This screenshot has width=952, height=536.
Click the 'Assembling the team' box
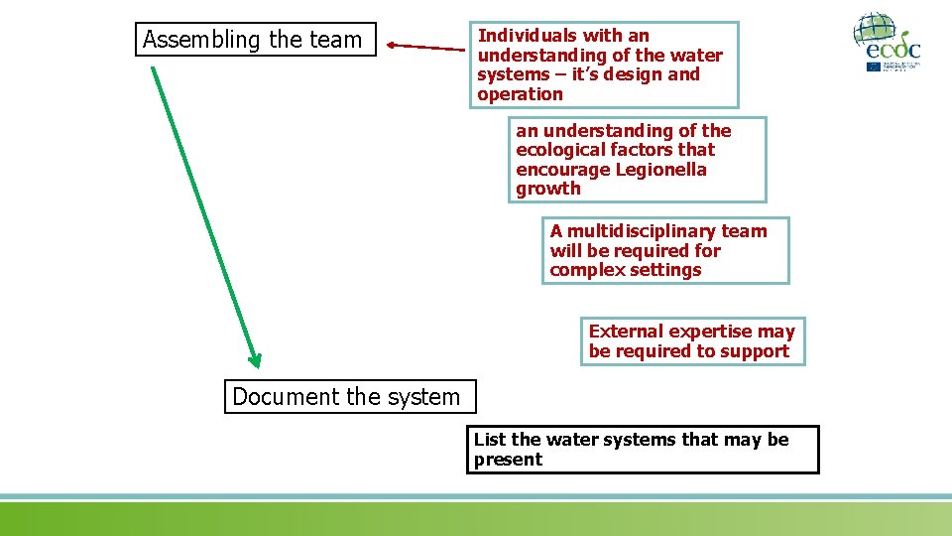[x=256, y=40]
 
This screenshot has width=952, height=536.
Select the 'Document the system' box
[x=349, y=397]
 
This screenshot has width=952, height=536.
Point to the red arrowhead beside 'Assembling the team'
[x=393, y=45]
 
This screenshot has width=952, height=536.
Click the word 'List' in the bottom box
[x=490, y=440]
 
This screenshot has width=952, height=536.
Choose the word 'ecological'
[x=560, y=150]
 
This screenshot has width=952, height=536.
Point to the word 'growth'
[x=548, y=189]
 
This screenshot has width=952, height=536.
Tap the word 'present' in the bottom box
[x=508, y=460]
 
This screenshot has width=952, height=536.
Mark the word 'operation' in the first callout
[x=520, y=94]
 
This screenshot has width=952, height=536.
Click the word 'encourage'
[x=561, y=170]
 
